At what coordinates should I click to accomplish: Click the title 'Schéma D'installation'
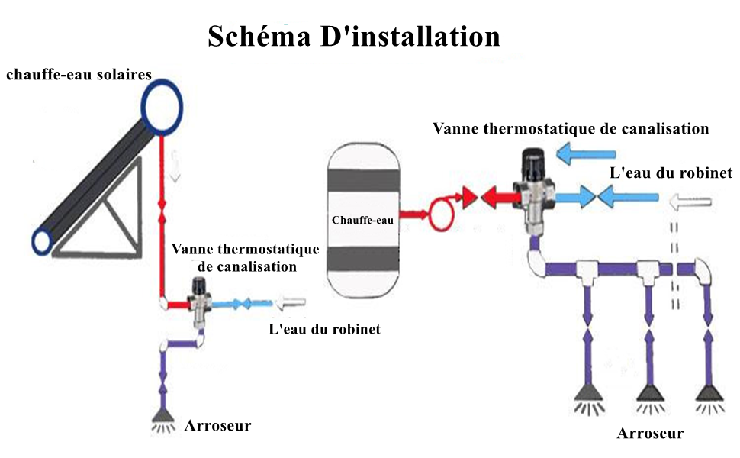(354, 37)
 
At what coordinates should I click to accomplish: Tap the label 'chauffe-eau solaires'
(79, 75)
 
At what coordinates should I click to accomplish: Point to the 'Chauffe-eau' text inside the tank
(362, 220)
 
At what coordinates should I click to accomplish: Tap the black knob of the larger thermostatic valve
(534, 163)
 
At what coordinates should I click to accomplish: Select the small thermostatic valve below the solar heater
(199, 302)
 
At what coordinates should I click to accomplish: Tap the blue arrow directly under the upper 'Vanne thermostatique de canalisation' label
(586, 154)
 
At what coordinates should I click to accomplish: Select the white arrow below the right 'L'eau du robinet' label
(690, 202)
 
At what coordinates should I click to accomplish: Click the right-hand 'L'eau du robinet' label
(671, 173)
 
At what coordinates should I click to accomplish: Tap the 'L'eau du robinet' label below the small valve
(325, 329)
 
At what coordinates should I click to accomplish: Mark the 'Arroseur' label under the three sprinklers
(650, 433)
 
